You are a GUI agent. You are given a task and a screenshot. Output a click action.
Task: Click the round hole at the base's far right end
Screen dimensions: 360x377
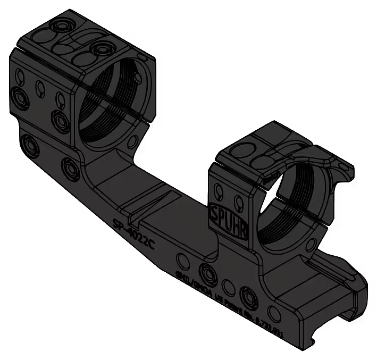coord(275,313)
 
